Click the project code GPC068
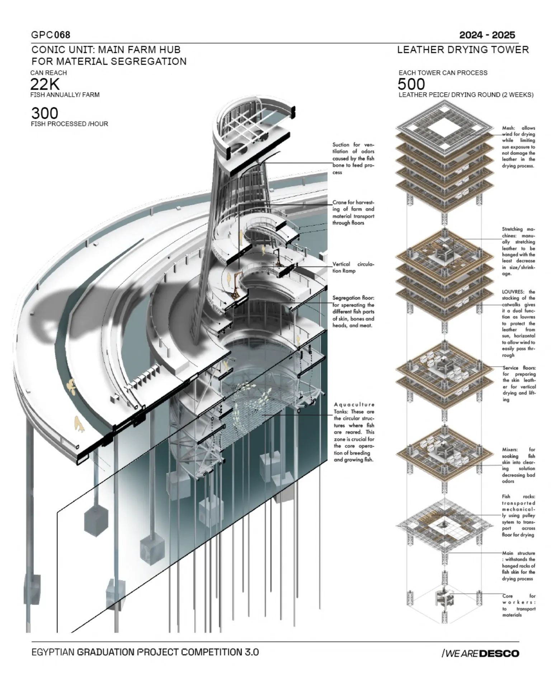click(51, 35)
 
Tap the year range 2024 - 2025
click(487, 35)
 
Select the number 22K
click(45, 84)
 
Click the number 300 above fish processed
click(44, 113)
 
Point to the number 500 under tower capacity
click(411, 84)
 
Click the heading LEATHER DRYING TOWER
click(463, 50)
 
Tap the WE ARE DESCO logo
click(481, 653)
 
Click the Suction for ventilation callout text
click(353, 158)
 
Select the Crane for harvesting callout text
click(353, 212)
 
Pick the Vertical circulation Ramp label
click(353, 267)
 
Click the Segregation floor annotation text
click(353, 311)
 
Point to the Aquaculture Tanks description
click(354, 432)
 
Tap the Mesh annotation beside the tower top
click(518, 147)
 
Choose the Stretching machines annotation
click(518, 251)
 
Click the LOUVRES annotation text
click(518, 323)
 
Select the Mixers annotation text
click(518, 465)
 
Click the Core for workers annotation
click(519, 605)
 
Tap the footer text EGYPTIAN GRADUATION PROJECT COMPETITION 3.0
click(145, 652)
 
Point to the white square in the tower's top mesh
click(444, 126)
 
